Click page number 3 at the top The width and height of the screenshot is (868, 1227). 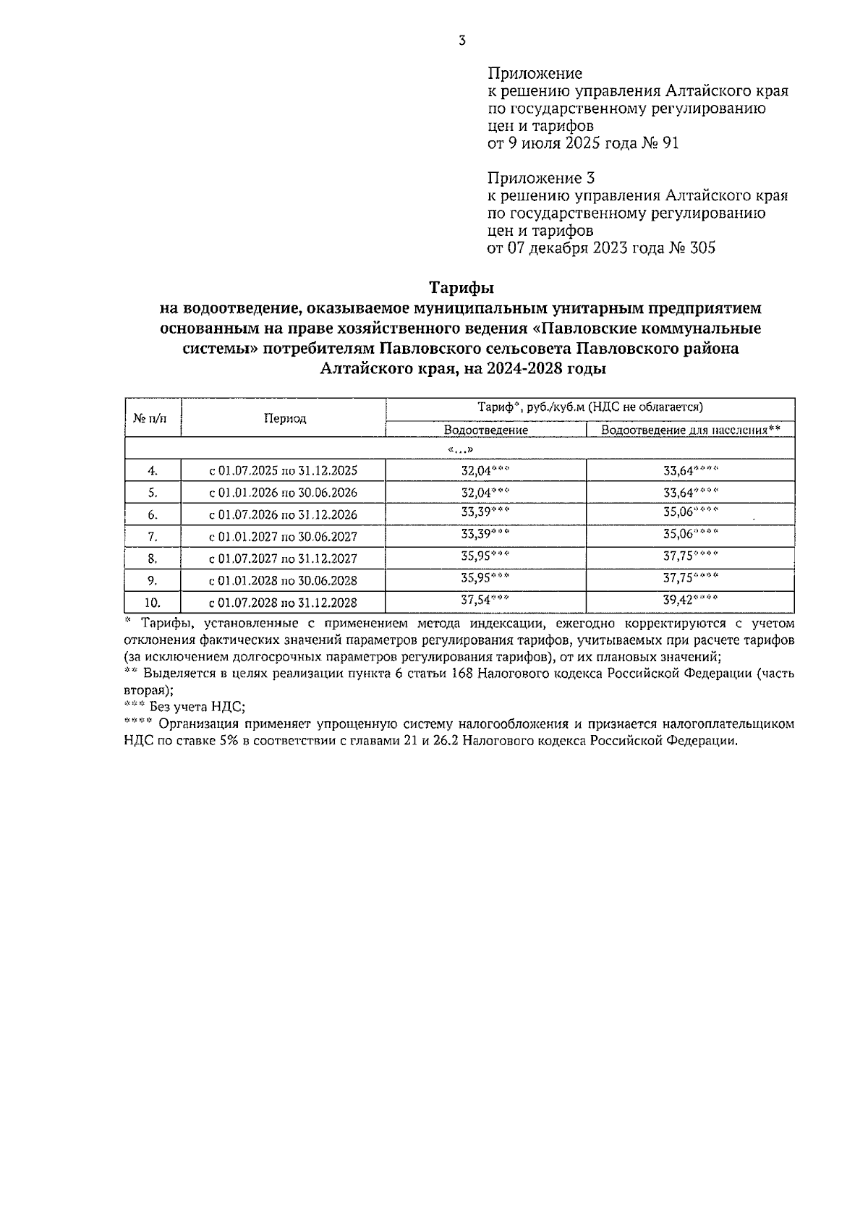pos(461,41)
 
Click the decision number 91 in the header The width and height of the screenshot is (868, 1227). pos(670,143)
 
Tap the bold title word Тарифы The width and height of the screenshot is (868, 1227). pos(461,288)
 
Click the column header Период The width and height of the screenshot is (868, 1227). pos(284,418)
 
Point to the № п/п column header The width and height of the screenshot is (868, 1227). pos(153,418)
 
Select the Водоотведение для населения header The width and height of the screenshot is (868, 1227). pos(690,430)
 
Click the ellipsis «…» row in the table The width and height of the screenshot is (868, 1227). pos(460,449)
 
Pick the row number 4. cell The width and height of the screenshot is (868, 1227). pos(153,471)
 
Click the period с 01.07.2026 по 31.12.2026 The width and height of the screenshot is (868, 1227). pos(283,515)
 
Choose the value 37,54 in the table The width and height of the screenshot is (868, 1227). pos(475,600)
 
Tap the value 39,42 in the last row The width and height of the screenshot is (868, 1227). pos(678,600)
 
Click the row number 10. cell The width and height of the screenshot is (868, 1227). pos(153,603)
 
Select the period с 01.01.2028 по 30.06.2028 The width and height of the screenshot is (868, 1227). pos(283,581)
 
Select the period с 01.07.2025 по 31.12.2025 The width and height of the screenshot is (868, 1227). pos(283,471)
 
